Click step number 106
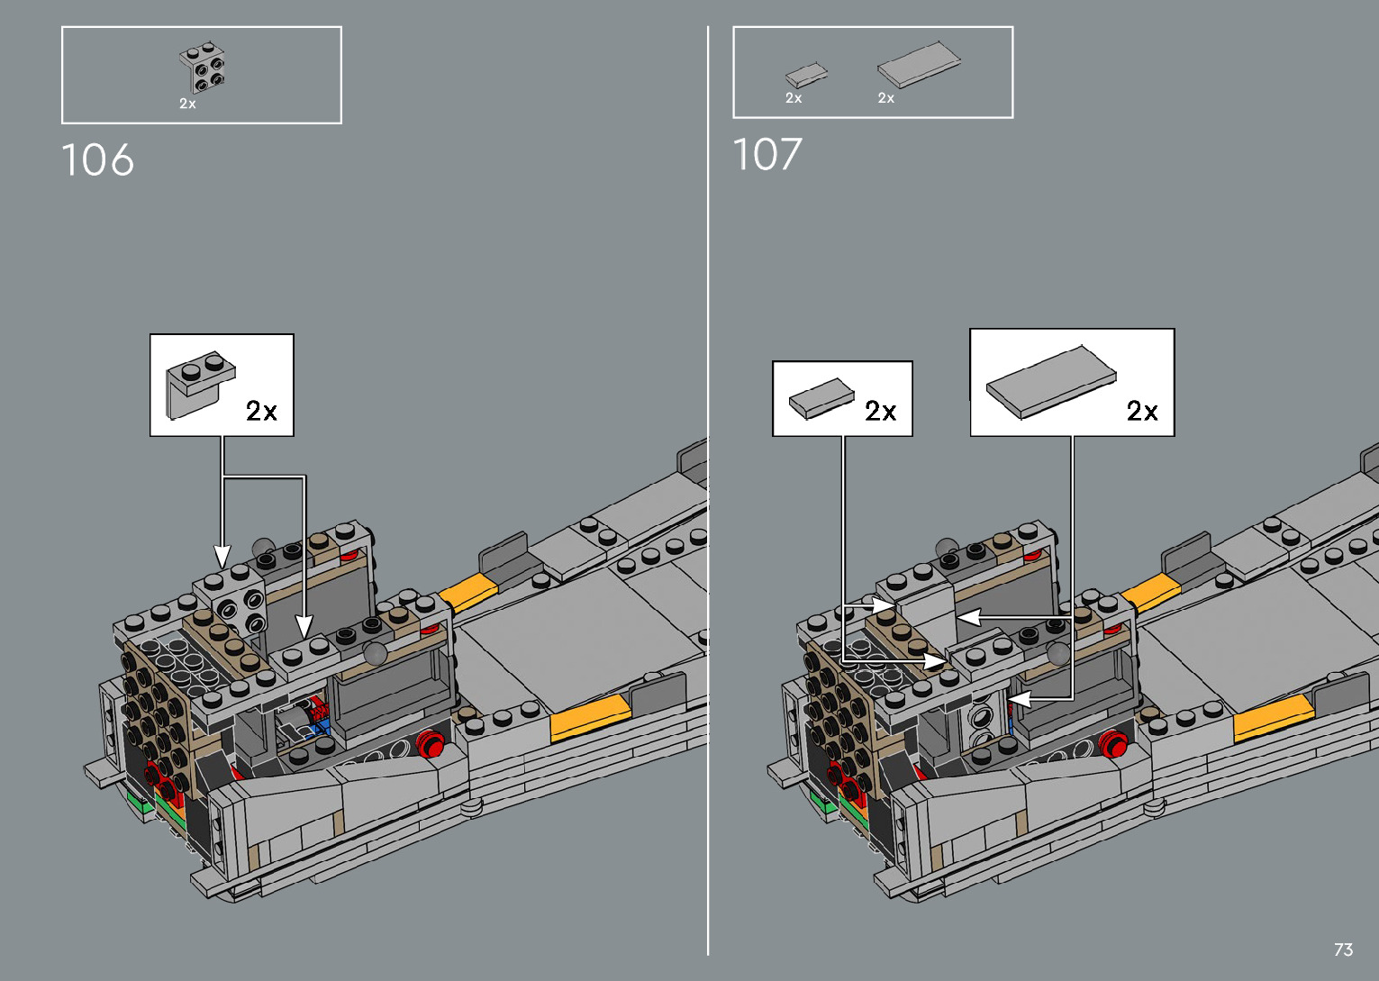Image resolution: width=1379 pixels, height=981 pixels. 97,160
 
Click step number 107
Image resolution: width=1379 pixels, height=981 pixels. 767,155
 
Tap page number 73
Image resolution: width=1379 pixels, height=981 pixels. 1343,949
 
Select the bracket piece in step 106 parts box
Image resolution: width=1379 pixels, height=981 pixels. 204,68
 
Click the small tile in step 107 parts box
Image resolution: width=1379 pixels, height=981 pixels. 805,75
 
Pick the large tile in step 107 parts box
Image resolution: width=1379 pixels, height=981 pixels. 919,64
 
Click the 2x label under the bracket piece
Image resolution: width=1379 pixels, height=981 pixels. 187,104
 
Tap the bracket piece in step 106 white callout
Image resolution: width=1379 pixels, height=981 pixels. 199,382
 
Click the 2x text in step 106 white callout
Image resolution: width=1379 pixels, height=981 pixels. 261,411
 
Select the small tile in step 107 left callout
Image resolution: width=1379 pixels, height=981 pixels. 821,397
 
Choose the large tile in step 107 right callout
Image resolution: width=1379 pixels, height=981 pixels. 1051,381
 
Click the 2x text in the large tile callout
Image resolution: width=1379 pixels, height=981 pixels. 1142,411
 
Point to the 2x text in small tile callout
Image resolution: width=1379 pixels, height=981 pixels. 880,411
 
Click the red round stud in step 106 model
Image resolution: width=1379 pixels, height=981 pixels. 431,744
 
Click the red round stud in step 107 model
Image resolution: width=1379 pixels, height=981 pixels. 1114,744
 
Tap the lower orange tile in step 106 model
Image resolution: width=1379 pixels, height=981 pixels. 590,717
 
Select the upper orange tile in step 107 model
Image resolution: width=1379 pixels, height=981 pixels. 1150,593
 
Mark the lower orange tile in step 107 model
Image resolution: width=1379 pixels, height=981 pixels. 1273,717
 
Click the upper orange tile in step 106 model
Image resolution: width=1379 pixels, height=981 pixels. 467,593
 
